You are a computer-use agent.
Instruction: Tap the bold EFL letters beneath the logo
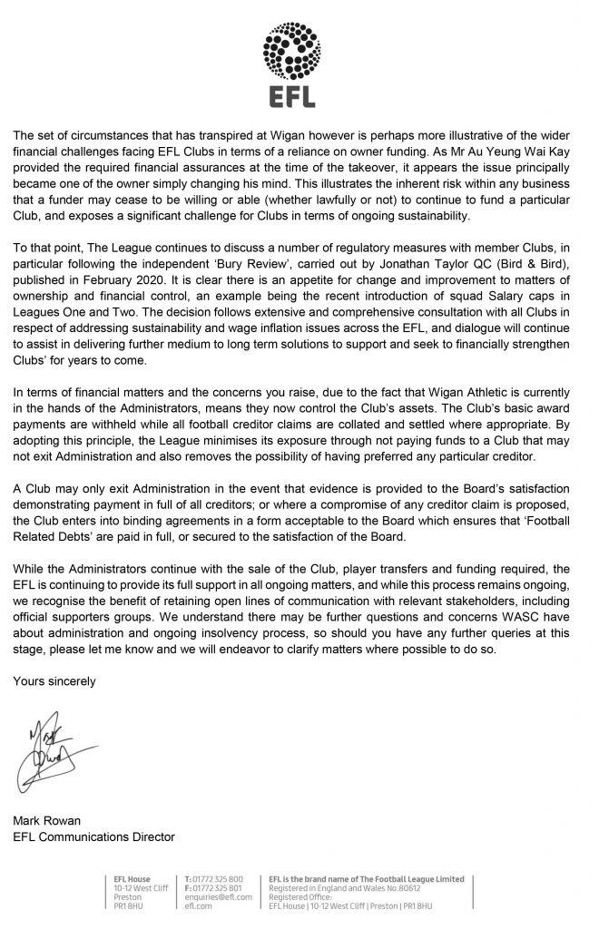[299, 95]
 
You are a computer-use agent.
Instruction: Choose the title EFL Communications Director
[93, 837]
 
